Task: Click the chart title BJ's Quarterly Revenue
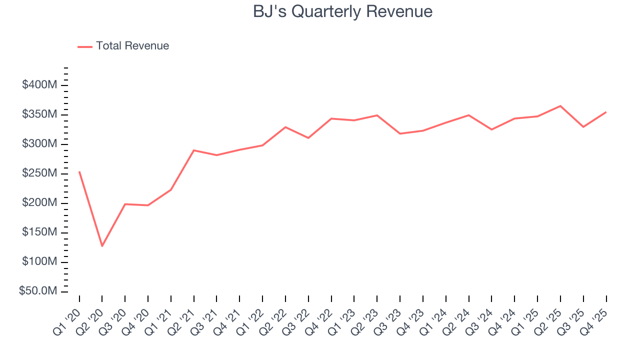[x=342, y=11]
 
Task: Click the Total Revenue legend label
[x=132, y=46]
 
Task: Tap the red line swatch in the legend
[x=85, y=46]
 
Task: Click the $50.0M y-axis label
[x=39, y=291]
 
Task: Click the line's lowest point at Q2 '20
[x=102, y=246]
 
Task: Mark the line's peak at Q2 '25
[x=560, y=106]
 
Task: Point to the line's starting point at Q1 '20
[x=79, y=172]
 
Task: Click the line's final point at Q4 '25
[x=606, y=112]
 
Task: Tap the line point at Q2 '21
[x=193, y=150]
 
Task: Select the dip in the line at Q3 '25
[x=583, y=127]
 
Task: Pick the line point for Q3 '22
[x=308, y=137]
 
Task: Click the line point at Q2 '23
[x=377, y=115]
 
